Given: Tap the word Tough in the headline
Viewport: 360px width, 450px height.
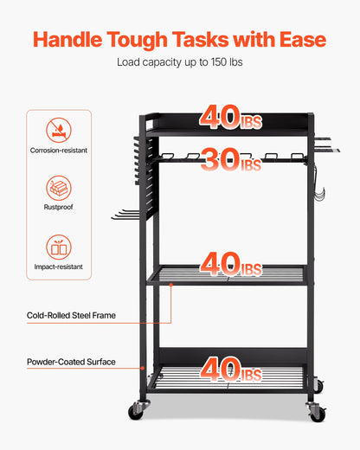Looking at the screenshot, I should tap(154, 40).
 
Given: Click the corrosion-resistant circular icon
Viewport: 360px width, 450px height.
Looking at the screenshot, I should tap(59, 131).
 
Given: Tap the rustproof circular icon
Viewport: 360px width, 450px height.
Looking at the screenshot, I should tap(59, 189).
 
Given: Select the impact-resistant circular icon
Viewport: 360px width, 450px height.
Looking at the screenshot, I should tap(59, 247).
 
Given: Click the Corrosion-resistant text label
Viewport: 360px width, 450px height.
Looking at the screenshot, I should tap(59, 151).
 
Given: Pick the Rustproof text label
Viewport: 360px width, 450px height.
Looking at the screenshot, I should tap(59, 208).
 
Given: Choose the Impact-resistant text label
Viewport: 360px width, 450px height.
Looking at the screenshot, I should tap(59, 267).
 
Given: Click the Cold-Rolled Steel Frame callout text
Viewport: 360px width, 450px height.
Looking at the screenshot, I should tap(70, 316).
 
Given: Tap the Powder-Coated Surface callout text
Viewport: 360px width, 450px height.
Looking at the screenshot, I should tap(70, 362).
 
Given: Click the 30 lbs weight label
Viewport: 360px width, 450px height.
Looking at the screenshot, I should tap(229, 160).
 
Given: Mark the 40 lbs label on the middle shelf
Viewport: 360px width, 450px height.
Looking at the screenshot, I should tap(229, 263).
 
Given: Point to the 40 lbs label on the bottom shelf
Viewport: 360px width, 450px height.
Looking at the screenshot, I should tap(229, 370).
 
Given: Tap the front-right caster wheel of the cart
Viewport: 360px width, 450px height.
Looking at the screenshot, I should tap(317, 413).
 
